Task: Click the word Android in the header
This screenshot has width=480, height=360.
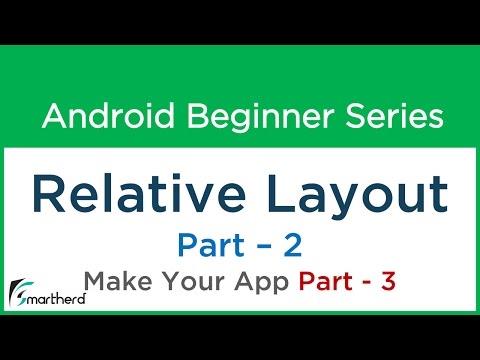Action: [x=93, y=118]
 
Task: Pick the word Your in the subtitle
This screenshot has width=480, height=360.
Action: [x=189, y=283]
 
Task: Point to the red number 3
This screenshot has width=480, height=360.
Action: [x=388, y=283]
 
